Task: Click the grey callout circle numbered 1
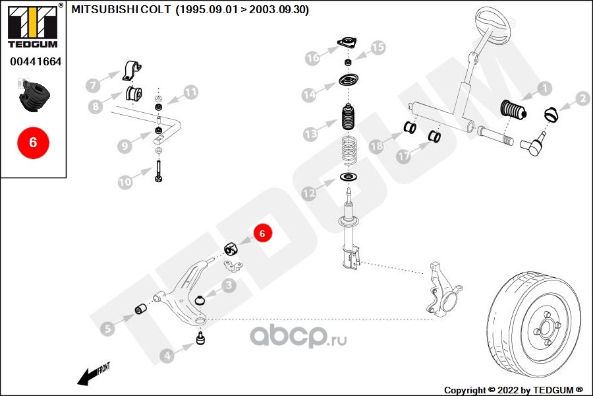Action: coord(544,87)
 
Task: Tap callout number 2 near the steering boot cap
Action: coord(582,99)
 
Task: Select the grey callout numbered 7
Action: coord(94,85)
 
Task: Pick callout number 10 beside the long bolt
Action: coord(125,180)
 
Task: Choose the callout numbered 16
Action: coord(312,58)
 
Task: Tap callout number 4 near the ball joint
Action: coord(167,356)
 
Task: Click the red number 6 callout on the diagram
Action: coord(262,233)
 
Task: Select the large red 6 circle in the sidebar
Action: coord(33,142)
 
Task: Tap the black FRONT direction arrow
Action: coord(88,376)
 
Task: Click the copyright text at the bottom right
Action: coord(513,389)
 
